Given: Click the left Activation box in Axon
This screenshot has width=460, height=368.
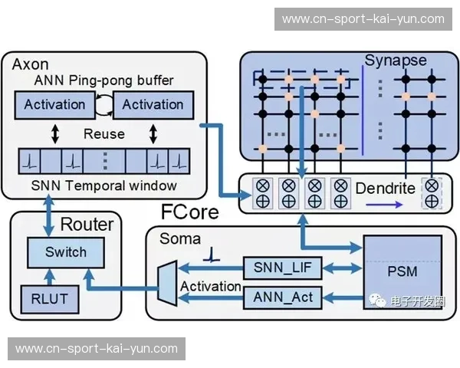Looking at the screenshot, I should (54, 104).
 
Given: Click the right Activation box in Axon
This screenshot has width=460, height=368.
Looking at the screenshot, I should (153, 104).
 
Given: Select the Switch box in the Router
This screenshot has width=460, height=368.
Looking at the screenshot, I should (66, 251).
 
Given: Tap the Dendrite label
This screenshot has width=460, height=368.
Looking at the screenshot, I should (385, 188).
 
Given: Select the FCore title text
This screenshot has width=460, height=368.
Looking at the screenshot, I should (189, 212).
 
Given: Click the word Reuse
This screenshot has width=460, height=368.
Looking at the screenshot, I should (104, 134).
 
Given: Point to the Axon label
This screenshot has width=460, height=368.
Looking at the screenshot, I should (31, 64).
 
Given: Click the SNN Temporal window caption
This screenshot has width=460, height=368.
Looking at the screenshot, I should (104, 186).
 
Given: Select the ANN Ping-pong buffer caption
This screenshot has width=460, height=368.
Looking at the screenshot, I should (104, 80).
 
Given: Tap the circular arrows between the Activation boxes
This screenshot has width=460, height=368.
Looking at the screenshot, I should (103, 104).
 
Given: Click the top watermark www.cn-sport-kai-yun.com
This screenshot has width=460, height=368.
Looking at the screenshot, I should (362, 19).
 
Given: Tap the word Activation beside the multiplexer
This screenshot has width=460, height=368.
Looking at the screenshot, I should (211, 287).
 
